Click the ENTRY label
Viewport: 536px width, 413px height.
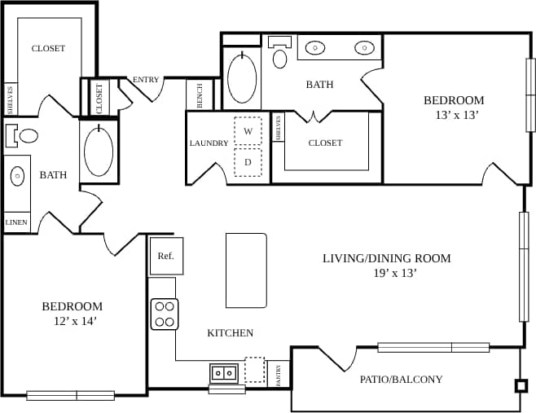click(x=147, y=80)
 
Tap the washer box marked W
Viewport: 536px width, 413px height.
click(x=248, y=131)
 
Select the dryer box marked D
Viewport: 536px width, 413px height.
click(x=248, y=161)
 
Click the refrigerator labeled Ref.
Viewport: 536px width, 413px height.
click(x=165, y=256)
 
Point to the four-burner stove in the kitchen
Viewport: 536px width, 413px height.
click(x=165, y=314)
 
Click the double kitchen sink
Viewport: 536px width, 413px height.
click(x=224, y=373)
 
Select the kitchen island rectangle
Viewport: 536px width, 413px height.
click(x=246, y=270)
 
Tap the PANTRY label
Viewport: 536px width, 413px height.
click(x=279, y=375)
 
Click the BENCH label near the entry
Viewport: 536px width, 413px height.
click(x=200, y=95)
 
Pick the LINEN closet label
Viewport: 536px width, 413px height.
click(x=16, y=222)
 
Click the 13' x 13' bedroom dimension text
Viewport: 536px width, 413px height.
click(x=456, y=116)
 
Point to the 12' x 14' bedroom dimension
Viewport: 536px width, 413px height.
click(x=72, y=321)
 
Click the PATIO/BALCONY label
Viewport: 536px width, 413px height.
click(x=402, y=379)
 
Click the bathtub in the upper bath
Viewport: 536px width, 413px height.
click(x=242, y=78)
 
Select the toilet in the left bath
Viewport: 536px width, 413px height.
click(x=24, y=134)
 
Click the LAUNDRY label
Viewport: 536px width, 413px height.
click(x=209, y=143)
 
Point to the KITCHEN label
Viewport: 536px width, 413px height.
click(x=230, y=333)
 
